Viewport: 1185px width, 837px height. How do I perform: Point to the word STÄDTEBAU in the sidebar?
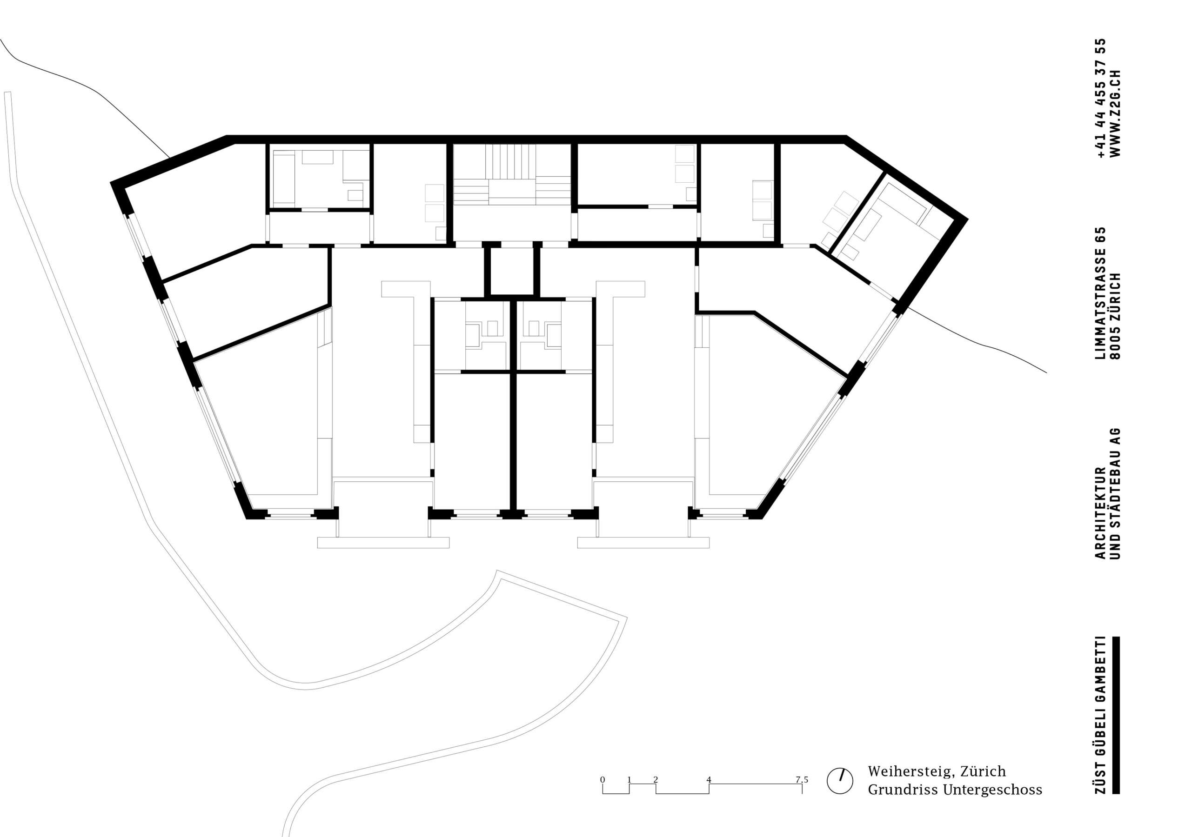tap(1115, 495)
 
